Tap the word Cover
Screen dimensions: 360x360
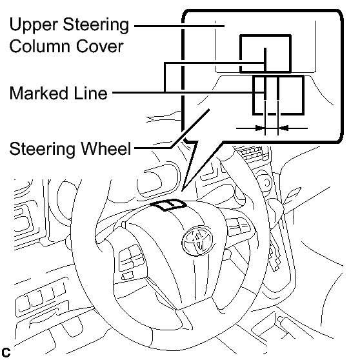(99, 46)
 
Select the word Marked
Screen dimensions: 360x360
(39, 93)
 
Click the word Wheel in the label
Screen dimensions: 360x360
(106, 148)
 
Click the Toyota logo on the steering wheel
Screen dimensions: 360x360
(197, 241)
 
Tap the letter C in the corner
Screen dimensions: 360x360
(6, 352)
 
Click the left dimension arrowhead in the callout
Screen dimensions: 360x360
(260, 128)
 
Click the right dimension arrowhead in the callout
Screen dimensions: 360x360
(283, 128)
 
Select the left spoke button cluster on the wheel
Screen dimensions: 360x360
(132, 257)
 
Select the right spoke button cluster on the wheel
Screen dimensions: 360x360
(239, 226)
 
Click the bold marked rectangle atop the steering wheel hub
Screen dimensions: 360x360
(168, 205)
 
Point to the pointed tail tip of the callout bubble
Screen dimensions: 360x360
(182, 190)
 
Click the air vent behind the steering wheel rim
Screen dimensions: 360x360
(252, 153)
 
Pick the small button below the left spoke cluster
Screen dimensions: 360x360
(127, 275)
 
